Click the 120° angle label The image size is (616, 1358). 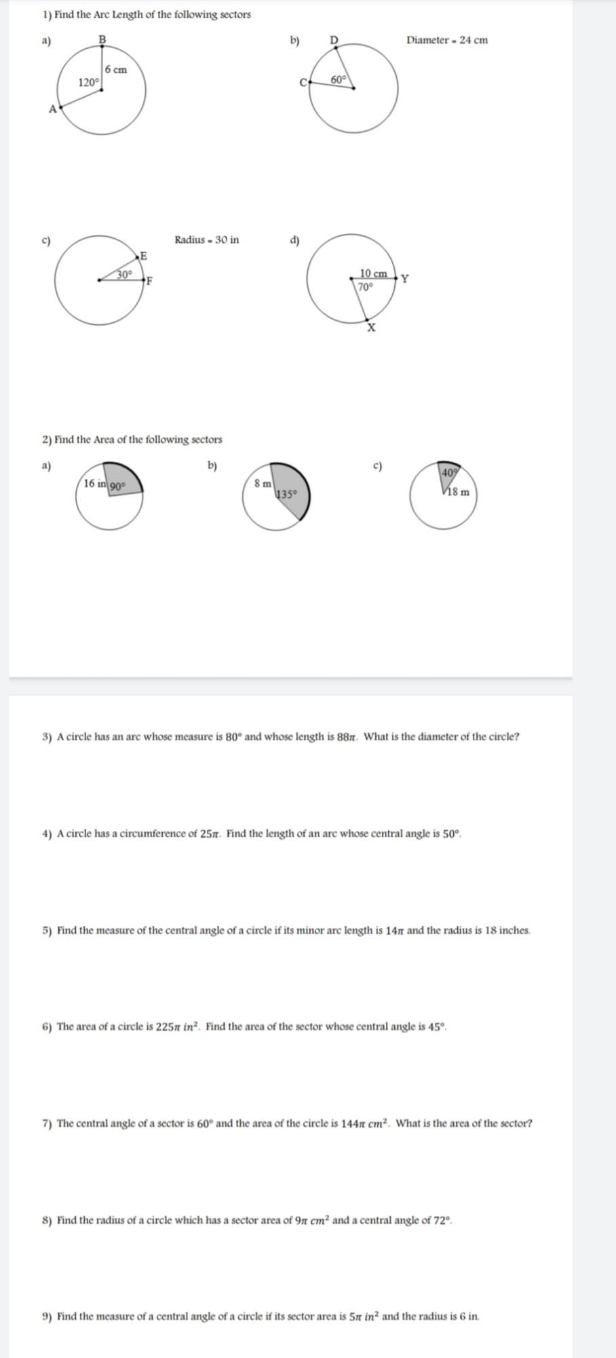coord(89,83)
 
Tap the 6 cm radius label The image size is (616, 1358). coord(116,69)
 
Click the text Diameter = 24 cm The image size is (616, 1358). coord(446,40)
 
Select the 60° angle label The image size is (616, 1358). coord(339,80)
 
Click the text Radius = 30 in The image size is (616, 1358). coord(206,239)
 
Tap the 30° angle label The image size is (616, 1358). coord(125,274)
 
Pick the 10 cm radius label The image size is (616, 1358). coord(373,273)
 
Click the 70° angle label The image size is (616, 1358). coord(365,286)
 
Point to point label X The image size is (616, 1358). coord(371,328)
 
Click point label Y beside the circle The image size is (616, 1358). coord(405,278)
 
